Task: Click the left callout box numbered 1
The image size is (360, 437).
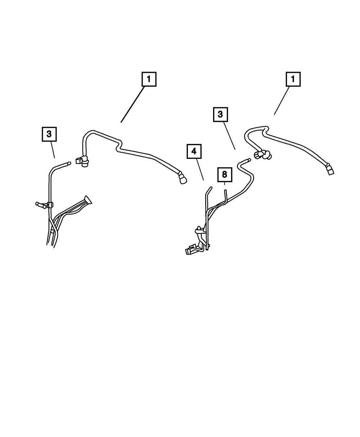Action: [149, 79]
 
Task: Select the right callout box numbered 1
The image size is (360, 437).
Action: [293, 79]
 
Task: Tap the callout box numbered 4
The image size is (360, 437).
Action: [194, 152]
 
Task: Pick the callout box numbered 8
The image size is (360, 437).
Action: [225, 175]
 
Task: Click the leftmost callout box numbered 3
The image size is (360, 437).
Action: [49, 134]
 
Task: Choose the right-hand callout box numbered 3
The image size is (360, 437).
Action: [220, 115]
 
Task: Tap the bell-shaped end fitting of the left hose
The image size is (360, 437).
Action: [183, 178]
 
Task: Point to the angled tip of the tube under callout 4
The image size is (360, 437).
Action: [209, 189]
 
